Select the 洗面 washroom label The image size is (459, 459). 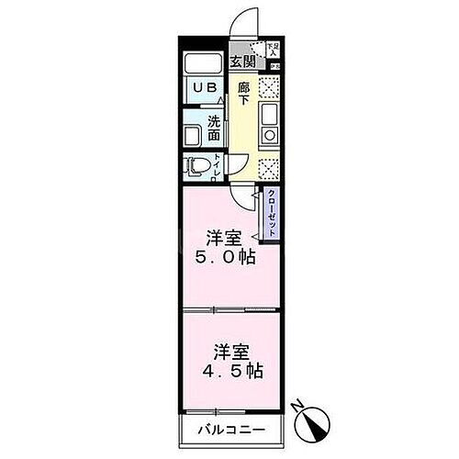coord(214,126)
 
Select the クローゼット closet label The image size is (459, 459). coord(272,213)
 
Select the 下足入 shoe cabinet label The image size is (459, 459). coord(274,48)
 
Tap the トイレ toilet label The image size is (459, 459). coord(217,166)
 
